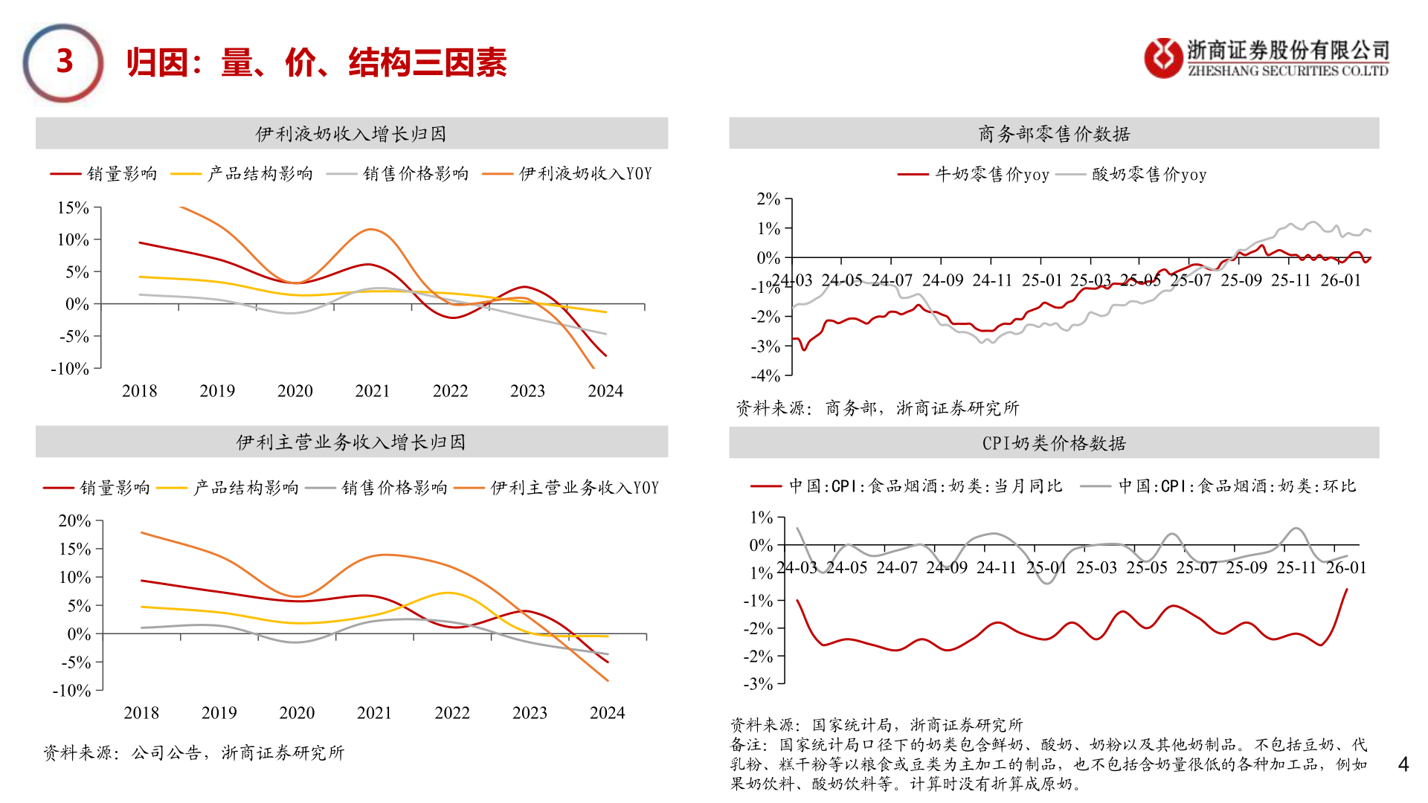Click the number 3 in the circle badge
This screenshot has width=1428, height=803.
65,62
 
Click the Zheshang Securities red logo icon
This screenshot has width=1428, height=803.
1163,58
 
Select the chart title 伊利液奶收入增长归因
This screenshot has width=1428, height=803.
351,134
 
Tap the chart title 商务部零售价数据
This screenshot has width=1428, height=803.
1054,134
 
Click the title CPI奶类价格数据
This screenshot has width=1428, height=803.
1054,443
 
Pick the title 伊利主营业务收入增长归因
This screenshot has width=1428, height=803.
351,442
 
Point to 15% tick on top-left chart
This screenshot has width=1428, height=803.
73,208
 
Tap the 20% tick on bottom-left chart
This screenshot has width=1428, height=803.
74,521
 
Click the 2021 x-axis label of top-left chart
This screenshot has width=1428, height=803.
373,391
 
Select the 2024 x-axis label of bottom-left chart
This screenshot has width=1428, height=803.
607,713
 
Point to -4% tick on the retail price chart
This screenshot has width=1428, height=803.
765,376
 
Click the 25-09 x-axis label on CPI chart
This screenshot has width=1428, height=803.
1247,568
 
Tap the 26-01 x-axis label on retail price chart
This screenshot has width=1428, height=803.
1340,281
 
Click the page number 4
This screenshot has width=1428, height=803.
1403,764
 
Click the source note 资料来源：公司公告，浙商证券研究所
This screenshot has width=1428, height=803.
193,753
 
